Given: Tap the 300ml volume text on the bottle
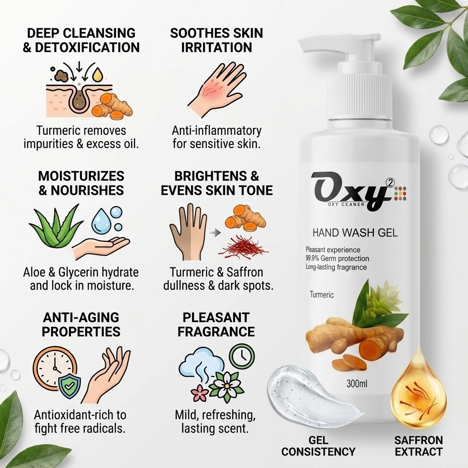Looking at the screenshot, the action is point(357,383).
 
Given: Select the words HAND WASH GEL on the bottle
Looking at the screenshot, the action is point(355,233).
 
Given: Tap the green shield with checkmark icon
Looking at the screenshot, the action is point(70,387).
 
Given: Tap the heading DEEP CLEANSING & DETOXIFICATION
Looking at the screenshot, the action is point(81,40).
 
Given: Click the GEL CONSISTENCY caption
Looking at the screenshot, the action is point(318,446).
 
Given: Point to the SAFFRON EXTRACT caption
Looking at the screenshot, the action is point(419,446).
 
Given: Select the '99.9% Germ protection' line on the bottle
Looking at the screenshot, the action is point(337,259).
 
